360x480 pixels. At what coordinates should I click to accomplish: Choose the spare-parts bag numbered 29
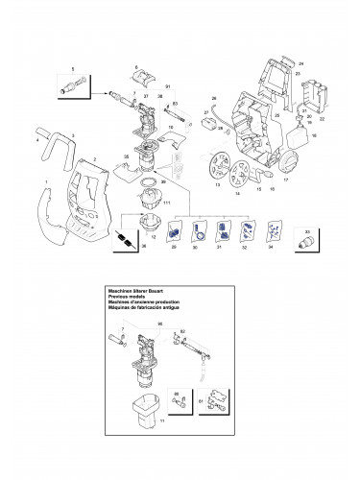[174, 230]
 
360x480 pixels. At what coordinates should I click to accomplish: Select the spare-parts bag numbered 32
[248, 230]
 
